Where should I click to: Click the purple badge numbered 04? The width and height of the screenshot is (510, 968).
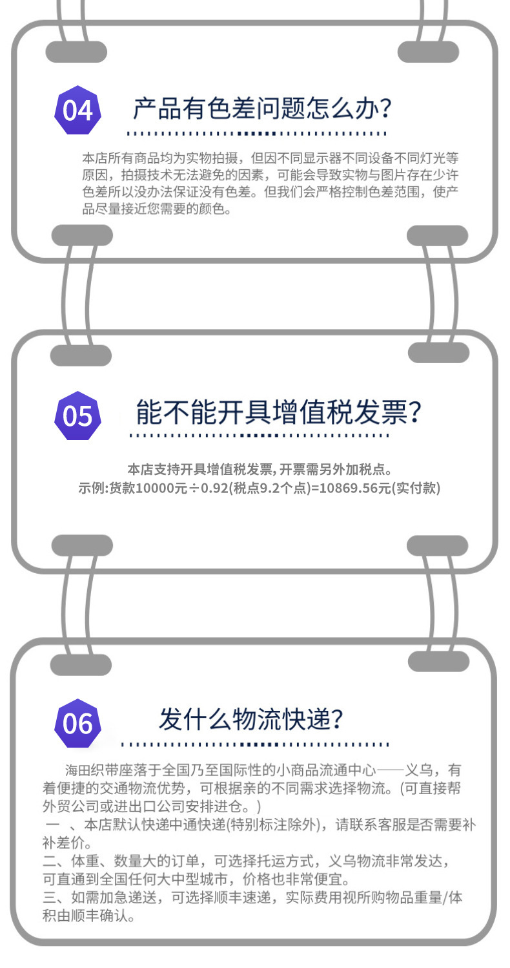click(x=78, y=110)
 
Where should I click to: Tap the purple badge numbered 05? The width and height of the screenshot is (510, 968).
click(x=78, y=416)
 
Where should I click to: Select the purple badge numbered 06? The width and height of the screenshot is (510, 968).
click(x=78, y=723)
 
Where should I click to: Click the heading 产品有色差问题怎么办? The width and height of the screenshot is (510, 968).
click(x=262, y=109)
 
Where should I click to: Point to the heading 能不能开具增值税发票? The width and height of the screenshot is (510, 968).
click(x=278, y=412)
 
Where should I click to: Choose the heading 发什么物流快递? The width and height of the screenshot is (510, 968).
click(x=251, y=719)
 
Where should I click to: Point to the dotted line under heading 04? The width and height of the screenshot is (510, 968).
click(x=256, y=134)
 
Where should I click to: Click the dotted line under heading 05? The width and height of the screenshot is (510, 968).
click(x=259, y=436)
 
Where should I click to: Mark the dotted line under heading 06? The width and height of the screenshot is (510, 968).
click(x=255, y=744)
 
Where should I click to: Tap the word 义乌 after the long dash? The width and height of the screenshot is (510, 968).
click(x=424, y=770)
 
